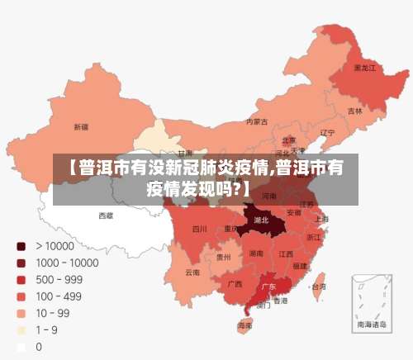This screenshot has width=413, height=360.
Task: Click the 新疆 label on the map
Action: point(81,127)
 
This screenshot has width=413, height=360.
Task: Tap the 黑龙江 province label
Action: point(364,68)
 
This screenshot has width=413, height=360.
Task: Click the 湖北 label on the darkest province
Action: point(262,220)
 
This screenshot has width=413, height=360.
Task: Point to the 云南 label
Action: point(192,272)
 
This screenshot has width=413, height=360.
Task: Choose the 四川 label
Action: point(199,229)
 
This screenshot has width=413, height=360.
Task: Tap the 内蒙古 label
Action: point(257,121)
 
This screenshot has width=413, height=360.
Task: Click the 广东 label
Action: point(268,287)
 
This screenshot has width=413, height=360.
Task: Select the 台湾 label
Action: point(317,287)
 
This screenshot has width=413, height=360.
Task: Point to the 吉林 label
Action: point(354,111)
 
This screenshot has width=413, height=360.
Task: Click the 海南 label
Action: point(244,326)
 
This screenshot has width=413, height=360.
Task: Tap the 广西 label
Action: point(235,283)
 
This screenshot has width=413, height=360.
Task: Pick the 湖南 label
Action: point(257,254)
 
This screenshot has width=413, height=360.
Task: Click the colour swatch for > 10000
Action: point(21,246)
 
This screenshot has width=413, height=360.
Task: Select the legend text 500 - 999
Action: point(60,280)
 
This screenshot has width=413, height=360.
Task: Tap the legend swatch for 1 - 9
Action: point(21,330)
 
